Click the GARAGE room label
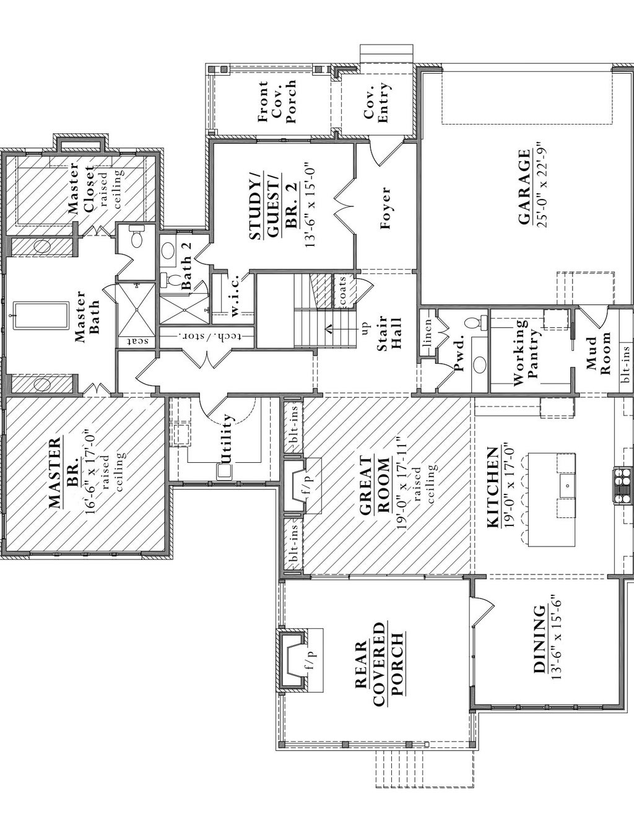point(524,187)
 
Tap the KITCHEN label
point(493,486)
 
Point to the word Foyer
point(386,208)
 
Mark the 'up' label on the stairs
point(365,327)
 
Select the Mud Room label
point(598,354)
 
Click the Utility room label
point(227,439)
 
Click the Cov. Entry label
point(376,102)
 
